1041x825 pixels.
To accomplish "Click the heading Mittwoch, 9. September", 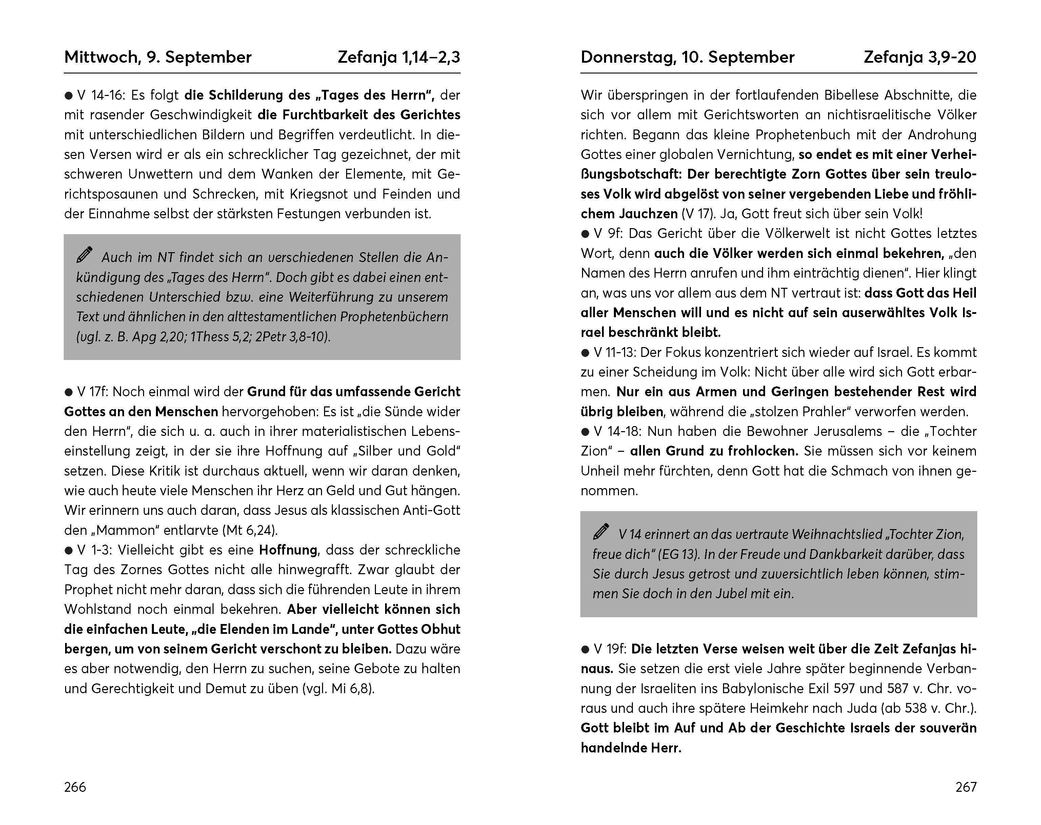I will click(158, 57).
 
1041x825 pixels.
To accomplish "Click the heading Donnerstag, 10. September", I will click(687, 57).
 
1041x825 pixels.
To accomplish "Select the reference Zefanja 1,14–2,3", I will click(399, 57).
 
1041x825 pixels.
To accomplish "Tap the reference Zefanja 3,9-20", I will click(920, 57).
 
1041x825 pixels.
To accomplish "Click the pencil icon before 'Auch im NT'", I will click(84, 255).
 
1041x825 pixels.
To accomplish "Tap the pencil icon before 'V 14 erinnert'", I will click(601, 531).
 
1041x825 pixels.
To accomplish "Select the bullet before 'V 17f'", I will click(68, 392).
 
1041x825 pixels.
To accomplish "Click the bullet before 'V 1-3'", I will click(68, 550).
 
